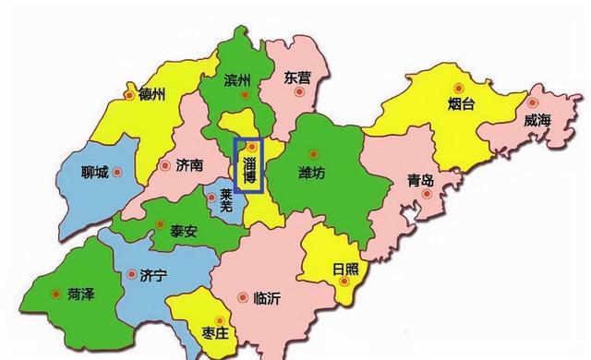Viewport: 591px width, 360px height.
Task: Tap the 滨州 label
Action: coord(237,81)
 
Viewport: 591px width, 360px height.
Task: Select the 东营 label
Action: coord(297,78)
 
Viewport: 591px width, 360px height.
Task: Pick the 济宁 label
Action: coord(152,275)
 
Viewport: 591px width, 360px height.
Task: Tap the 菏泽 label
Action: coord(81,293)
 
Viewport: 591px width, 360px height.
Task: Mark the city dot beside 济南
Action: coord(165,166)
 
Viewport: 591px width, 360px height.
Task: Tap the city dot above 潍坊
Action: coord(311,153)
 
